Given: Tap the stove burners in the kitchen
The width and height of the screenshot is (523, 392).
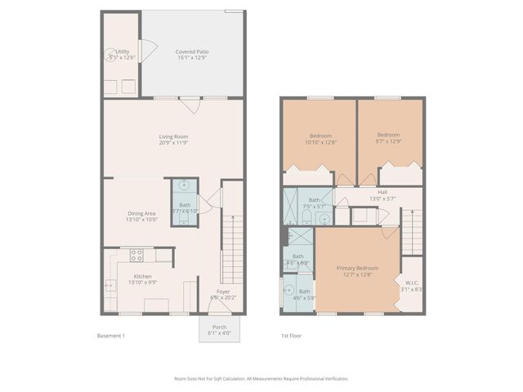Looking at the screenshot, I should click(x=136, y=254).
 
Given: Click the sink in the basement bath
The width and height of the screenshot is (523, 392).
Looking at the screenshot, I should click(x=185, y=185).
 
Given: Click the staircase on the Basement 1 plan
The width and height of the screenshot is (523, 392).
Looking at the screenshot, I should click(x=233, y=245).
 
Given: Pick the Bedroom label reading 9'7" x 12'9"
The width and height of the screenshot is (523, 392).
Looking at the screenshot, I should click(x=388, y=138).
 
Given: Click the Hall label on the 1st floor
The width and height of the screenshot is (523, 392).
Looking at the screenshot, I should click(x=382, y=195).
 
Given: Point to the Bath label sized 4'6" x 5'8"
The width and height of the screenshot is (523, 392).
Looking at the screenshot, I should click(x=304, y=294).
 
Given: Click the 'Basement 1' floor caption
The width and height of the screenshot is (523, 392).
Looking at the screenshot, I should click(x=112, y=336).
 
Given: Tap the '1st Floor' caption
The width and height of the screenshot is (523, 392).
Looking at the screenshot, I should click(x=291, y=336).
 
